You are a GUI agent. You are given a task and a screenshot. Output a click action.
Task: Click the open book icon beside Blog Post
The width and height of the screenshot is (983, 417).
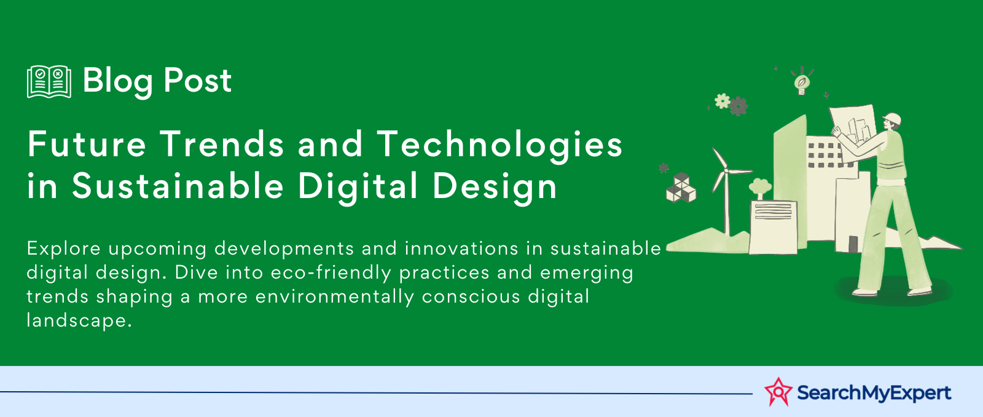49,81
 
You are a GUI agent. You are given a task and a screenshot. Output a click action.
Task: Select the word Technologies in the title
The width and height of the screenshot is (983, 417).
499,144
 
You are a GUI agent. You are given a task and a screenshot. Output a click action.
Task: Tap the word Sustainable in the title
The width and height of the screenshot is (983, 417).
178,186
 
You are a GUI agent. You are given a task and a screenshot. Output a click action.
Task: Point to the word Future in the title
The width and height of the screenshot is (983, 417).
87,144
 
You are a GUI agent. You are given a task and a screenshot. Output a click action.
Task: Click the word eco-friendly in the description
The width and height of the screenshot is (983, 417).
331,272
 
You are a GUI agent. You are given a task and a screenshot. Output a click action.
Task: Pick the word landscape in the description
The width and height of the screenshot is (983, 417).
79,320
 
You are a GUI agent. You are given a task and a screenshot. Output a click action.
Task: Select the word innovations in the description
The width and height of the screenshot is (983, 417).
461,248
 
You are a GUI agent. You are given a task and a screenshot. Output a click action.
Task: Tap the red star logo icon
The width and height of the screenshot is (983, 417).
778,392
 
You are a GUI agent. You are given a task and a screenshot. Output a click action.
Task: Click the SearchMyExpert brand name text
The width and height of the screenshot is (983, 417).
874,393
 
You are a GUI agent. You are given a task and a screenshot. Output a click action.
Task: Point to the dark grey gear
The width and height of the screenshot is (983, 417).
738,106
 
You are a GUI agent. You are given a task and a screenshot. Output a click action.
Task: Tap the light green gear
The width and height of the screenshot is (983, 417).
722,101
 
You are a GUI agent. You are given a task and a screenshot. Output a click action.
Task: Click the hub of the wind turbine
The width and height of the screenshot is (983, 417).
726,170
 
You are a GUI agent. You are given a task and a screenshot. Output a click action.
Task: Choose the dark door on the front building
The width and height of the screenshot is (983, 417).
853,244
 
